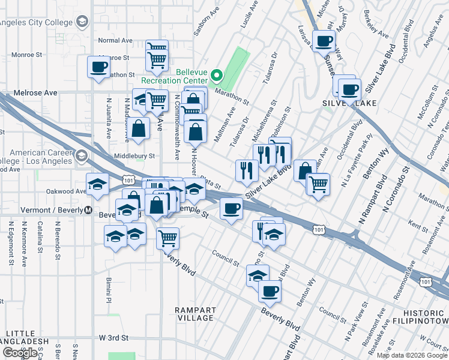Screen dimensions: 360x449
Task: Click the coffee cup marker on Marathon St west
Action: click(x=98, y=67)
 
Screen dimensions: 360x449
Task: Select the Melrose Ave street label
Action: click(x=38, y=93)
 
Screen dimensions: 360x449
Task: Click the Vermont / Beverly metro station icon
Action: click(x=88, y=211)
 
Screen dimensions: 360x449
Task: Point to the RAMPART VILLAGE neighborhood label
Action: click(x=196, y=314)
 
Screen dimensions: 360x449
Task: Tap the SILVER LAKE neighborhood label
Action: click(x=350, y=103)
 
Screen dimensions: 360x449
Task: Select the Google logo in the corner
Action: click(x=20, y=353)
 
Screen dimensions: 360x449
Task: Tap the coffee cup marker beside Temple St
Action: click(x=231, y=209)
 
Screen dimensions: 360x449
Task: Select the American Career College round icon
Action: click(x=81, y=157)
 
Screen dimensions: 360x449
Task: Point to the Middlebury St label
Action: click(x=135, y=155)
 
